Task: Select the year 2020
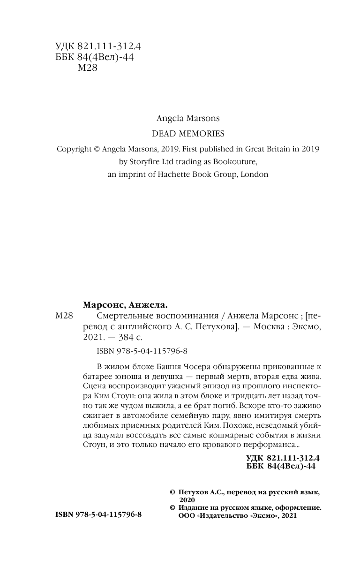[182, 500]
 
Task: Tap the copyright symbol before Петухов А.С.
[172, 492]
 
